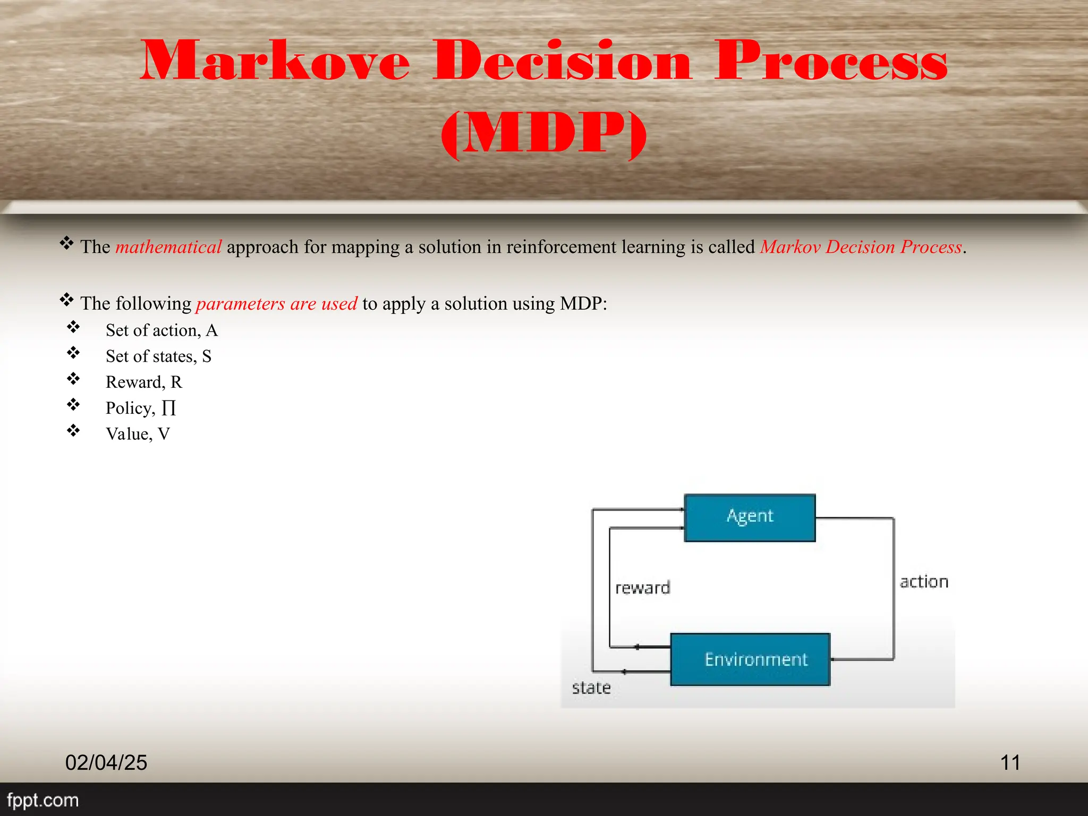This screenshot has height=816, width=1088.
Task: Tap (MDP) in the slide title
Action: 543,133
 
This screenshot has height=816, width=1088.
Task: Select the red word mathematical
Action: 168,247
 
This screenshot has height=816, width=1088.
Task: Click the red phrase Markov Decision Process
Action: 861,247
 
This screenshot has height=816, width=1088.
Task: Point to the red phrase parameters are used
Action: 276,303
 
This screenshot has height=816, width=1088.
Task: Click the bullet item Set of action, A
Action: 161,330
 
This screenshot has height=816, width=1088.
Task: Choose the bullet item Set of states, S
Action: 158,356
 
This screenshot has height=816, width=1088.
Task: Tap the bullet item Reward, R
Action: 143,382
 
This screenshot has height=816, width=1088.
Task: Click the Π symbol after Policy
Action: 168,408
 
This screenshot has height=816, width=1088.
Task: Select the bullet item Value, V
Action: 138,434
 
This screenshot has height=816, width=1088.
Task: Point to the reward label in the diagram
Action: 642,588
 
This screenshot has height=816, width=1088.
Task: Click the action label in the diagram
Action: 924,582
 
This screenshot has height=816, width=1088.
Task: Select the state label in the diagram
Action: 591,688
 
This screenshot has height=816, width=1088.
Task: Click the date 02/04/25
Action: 106,762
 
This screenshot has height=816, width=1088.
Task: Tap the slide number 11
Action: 1010,762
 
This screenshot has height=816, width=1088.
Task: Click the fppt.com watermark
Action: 42,800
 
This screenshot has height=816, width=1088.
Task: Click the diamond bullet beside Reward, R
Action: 73,379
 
